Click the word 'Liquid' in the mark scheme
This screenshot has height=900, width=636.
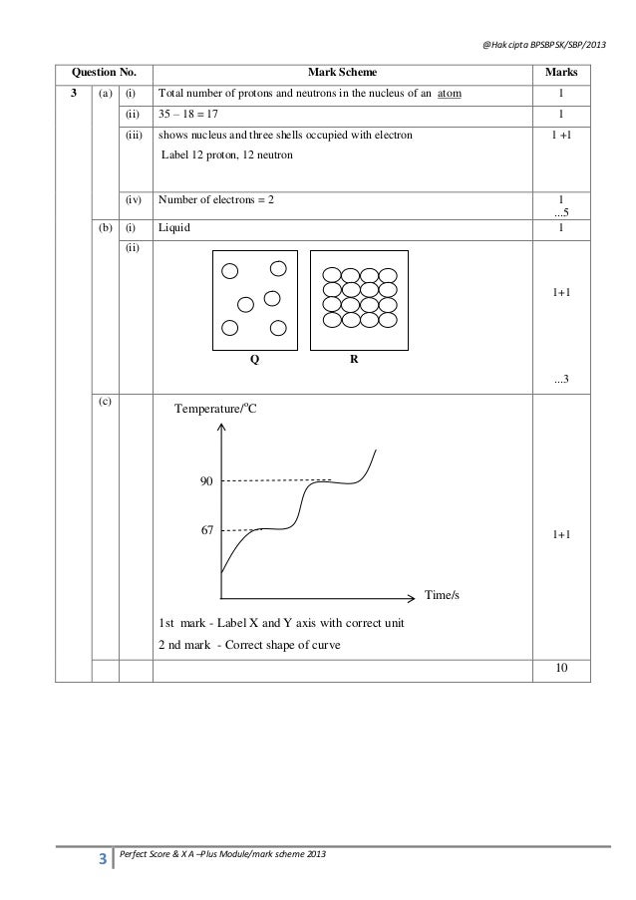(x=175, y=228)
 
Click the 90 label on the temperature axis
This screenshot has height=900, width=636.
(x=207, y=481)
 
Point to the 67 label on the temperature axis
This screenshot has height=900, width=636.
(x=207, y=530)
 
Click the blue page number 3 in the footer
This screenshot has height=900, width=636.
(x=101, y=856)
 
